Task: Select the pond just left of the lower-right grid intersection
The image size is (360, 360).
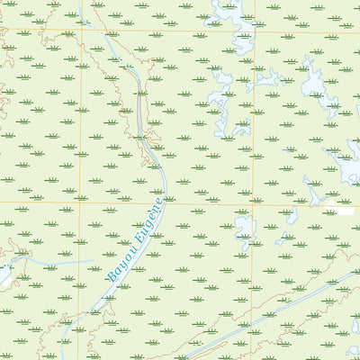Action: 244,230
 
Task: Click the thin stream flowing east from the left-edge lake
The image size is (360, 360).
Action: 54,263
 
